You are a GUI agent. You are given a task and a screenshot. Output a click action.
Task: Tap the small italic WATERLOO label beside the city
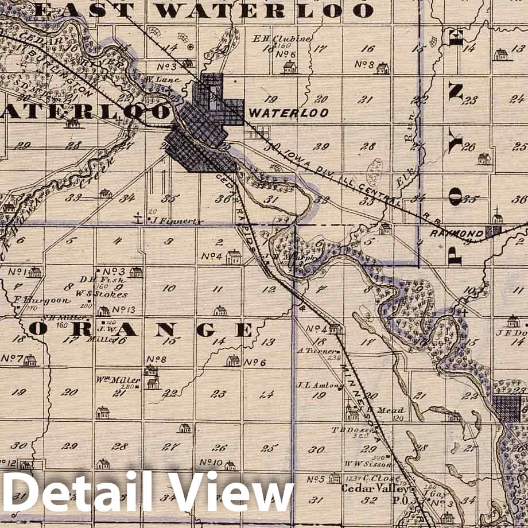click(x=289, y=112)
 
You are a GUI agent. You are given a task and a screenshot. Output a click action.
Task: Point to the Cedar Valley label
click(x=375, y=488)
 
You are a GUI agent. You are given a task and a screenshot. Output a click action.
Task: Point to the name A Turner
click(x=311, y=350)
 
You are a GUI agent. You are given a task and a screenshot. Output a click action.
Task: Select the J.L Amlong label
click(x=312, y=385)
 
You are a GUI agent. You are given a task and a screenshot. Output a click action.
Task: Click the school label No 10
click(x=211, y=462)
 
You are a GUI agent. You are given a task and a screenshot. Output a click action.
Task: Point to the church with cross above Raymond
click(x=497, y=217)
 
